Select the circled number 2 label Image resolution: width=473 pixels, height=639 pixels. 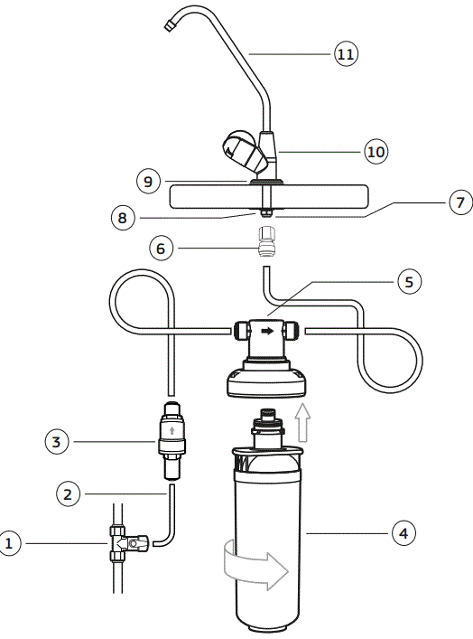[x=67, y=494]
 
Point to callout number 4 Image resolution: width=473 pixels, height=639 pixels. [x=403, y=533]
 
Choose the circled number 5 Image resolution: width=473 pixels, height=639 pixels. [x=408, y=281]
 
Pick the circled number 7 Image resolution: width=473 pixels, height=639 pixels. [x=459, y=203]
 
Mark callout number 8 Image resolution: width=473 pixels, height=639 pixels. [x=149, y=217]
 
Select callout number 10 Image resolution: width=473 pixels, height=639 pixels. [x=376, y=151]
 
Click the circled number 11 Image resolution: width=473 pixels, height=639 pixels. [x=346, y=54]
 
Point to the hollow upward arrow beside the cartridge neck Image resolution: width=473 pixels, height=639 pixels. [x=304, y=421]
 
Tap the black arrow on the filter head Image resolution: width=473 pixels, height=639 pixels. [x=268, y=332]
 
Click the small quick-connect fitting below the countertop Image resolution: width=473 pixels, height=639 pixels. [x=267, y=244]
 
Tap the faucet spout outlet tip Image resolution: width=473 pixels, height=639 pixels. [x=170, y=27]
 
